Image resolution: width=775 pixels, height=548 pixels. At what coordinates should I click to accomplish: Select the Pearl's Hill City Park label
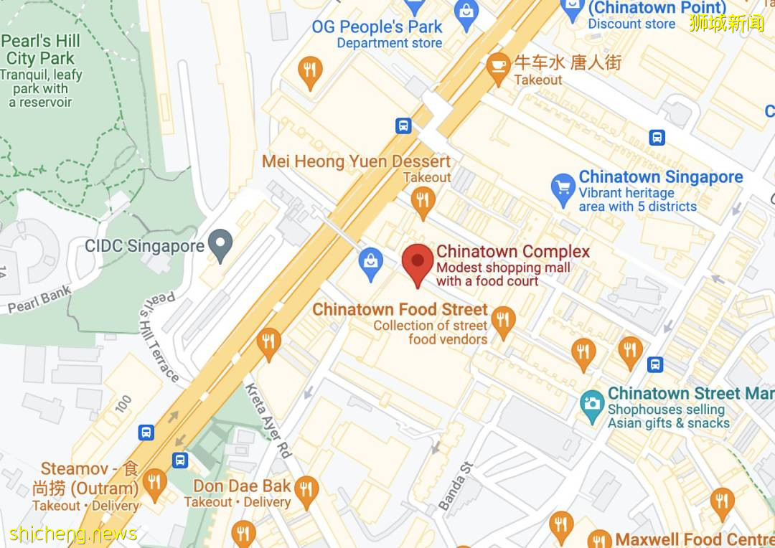pyautogui.click(x=40, y=49)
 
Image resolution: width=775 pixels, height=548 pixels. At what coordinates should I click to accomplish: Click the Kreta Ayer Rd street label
pyautogui.click(x=268, y=420)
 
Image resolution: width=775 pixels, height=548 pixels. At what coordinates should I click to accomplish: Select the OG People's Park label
pyautogui.click(x=377, y=27)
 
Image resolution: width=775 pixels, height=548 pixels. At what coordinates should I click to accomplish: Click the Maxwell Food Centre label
pyautogui.click(x=694, y=539)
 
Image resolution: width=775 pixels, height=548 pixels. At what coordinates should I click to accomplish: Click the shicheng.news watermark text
pyautogui.click(x=73, y=534)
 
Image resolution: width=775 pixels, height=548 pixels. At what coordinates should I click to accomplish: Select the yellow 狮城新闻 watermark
pyautogui.click(x=726, y=22)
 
